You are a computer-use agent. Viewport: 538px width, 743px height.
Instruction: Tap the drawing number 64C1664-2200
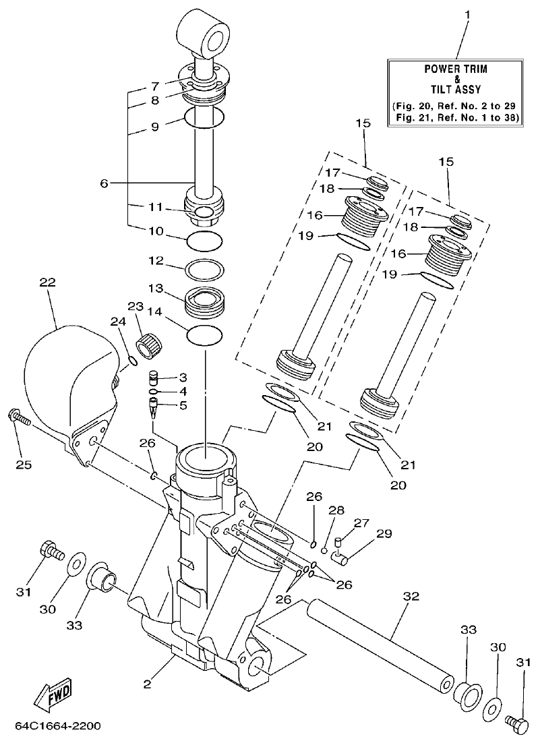[58, 726]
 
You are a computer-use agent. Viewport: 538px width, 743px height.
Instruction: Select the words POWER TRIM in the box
[456, 69]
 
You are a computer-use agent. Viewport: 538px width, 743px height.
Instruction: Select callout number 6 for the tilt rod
[103, 183]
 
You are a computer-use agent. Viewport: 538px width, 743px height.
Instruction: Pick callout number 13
[156, 288]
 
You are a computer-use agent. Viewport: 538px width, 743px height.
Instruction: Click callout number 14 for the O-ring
[156, 312]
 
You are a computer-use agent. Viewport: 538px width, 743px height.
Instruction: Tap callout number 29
[384, 534]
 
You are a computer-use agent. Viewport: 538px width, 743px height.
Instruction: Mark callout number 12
[156, 260]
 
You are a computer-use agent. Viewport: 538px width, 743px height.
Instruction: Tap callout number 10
[156, 231]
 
